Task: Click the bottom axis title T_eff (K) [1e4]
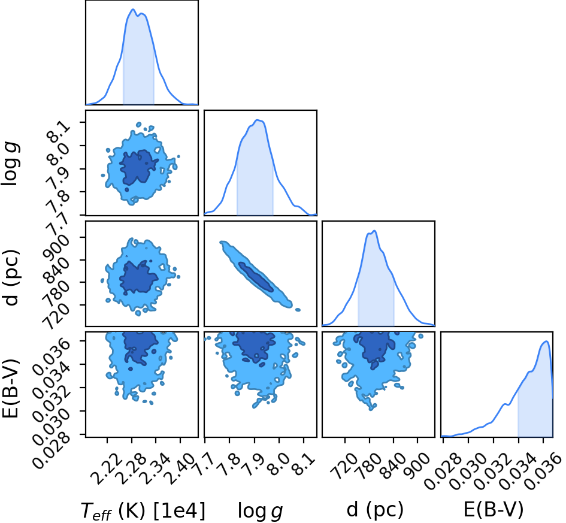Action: pyautogui.click(x=143, y=510)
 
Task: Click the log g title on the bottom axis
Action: pyautogui.click(x=260, y=511)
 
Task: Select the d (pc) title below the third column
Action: pyautogui.click(x=375, y=510)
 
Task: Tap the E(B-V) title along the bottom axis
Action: pyautogui.click(x=494, y=510)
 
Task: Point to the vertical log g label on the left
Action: pyautogui.click(x=10, y=164)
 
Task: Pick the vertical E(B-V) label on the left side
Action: pyautogui.click(x=10, y=388)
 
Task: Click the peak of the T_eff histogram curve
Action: pyautogui.click(x=133, y=10)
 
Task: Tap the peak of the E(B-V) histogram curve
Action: pyautogui.click(x=546, y=341)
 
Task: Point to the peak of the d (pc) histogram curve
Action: pyautogui.click(x=374, y=231)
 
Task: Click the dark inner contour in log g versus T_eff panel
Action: pyautogui.click(x=138, y=168)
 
